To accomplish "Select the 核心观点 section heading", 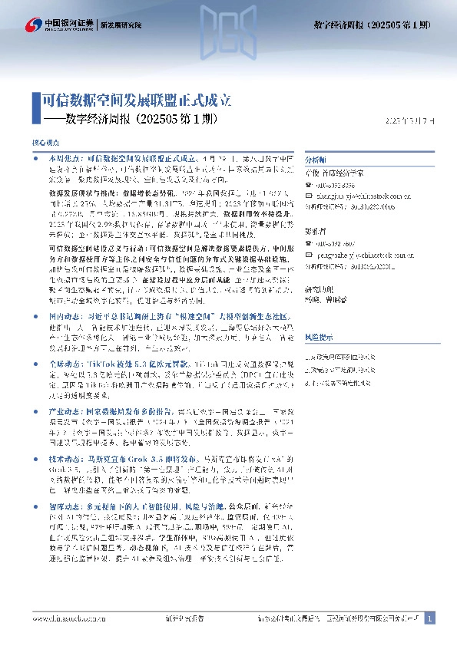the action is [43, 143].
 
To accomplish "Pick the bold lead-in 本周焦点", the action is [62, 157].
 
